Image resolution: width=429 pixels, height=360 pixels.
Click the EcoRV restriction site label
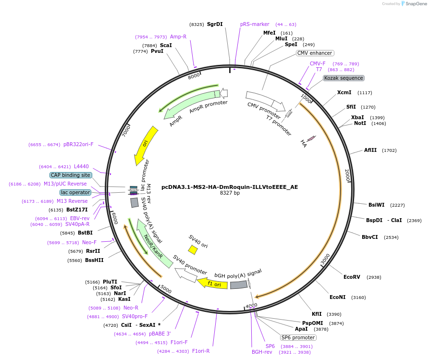(352, 277)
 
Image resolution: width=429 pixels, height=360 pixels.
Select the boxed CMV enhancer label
(315, 53)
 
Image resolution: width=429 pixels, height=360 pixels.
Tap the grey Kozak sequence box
(343, 78)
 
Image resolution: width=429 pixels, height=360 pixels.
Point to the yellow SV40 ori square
(193, 249)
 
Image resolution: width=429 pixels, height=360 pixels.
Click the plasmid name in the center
(230, 187)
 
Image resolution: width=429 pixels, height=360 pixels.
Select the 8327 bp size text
(230, 193)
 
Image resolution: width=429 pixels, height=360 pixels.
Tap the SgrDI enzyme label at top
(215, 24)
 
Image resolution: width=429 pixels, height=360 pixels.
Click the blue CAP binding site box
(71, 175)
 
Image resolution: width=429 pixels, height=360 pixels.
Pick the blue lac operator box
(75, 192)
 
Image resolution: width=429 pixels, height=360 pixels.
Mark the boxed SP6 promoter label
(298, 337)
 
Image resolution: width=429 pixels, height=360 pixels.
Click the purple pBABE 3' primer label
(160, 334)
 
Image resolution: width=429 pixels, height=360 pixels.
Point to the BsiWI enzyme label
(377, 205)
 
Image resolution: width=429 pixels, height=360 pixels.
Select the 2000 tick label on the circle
(347, 174)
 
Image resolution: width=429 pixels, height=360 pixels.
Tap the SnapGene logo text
(416, 4)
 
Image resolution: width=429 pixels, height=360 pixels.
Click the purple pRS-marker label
(255, 24)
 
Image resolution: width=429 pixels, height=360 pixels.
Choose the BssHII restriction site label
(94, 260)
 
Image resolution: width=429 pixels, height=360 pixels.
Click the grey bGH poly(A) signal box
(239, 285)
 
